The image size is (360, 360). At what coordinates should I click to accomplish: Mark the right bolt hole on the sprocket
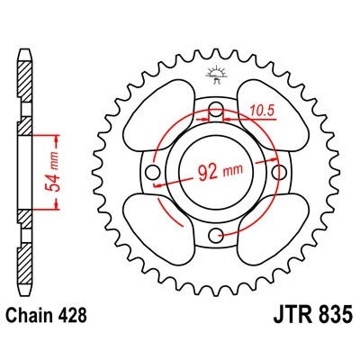click(x=275, y=173)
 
